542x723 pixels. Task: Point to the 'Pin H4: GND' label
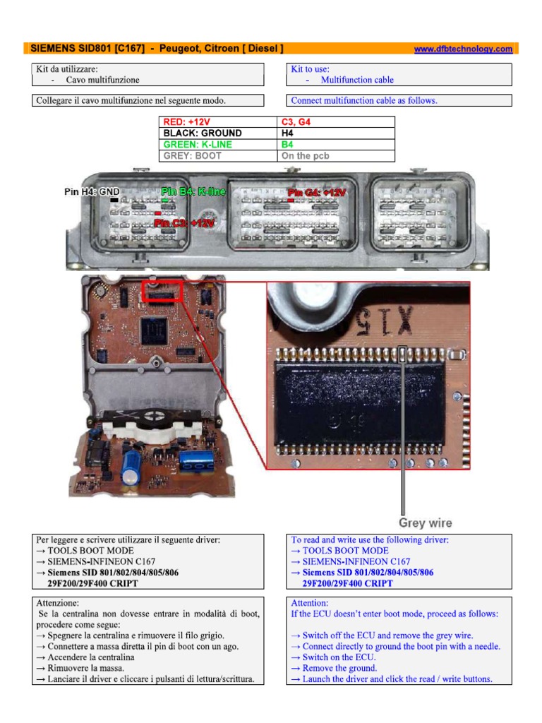coord(92,191)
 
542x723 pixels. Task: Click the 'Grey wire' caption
coord(426,523)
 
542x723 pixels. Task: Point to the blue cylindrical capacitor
coord(130,468)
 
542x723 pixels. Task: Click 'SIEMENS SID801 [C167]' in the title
coord(88,49)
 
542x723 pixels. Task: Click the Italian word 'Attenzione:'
coord(58,604)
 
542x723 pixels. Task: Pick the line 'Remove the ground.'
coord(339,668)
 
